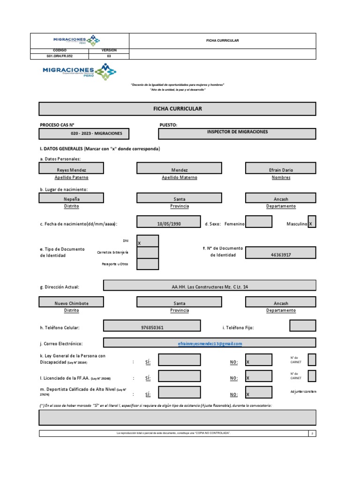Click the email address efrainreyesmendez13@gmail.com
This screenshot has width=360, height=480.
(210, 344)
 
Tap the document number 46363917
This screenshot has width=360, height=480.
(280, 255)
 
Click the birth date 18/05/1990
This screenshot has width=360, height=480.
(169, 224)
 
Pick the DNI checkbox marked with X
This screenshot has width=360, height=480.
(148, 241)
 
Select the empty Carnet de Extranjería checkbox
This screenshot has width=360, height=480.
(148, 253)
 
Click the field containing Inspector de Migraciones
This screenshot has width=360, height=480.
(237, 133)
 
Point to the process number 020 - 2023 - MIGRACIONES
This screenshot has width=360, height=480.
(97, 134)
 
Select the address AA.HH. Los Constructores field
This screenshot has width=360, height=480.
(209, 286)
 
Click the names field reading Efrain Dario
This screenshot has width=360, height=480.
(280, 169)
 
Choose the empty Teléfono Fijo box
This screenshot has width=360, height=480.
(302, 326)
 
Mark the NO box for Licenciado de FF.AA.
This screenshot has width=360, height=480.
(258, 377)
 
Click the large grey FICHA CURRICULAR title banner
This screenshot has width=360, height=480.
(178, 109)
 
